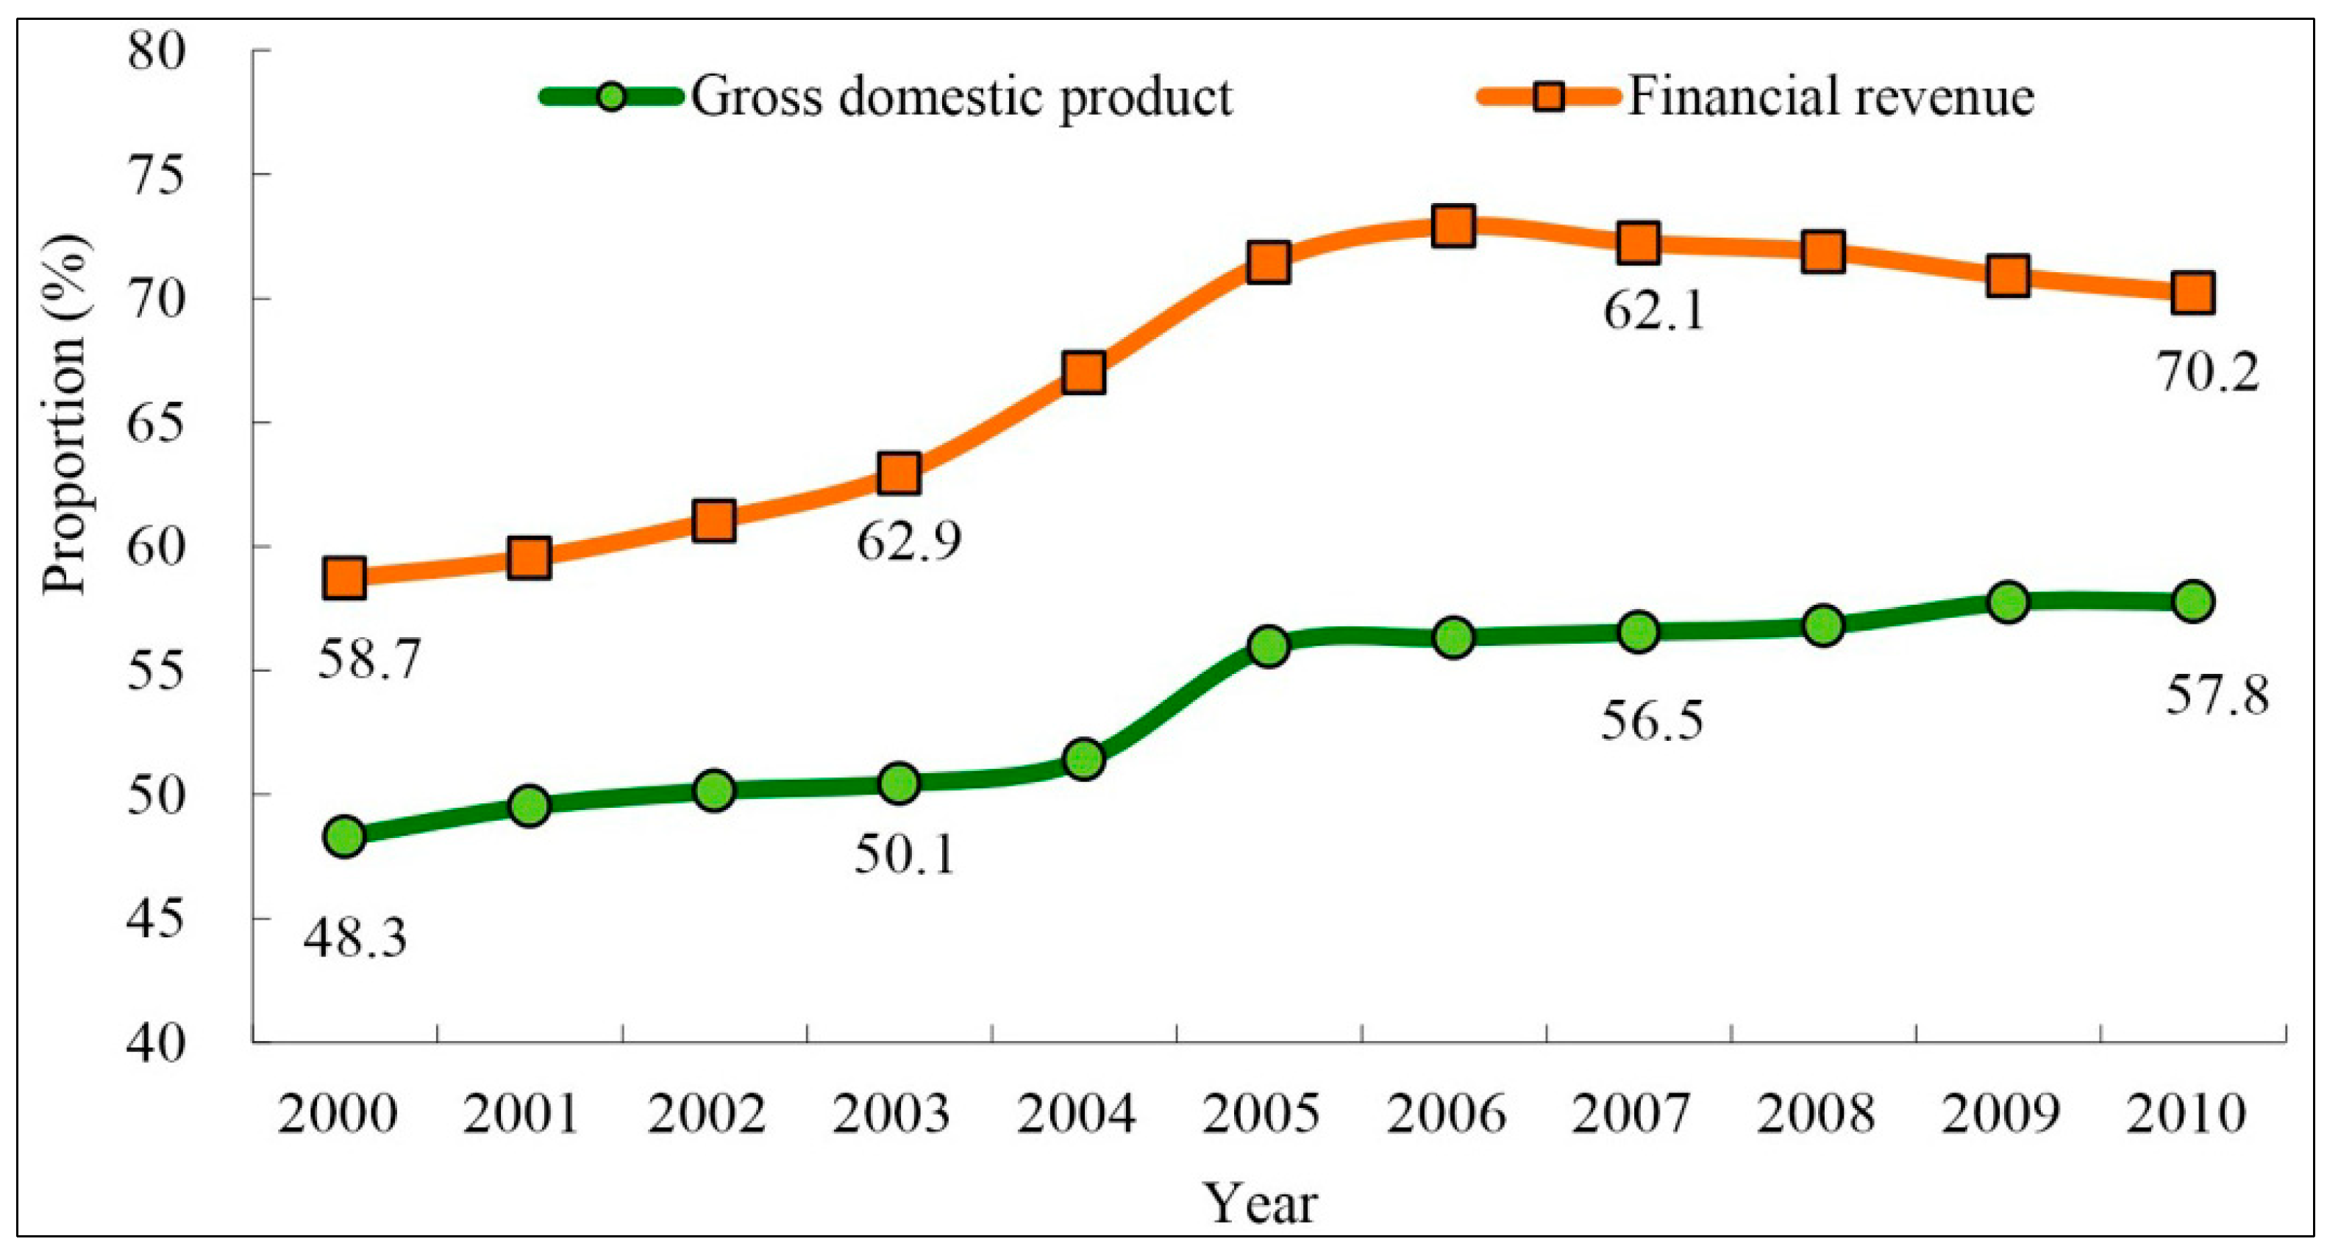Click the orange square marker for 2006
tap(1453, 225)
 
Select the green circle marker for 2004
tap(1084, 759)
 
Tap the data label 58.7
tap(369, 660)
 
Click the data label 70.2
tap(2209, 372)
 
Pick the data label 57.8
tap(2217, 696)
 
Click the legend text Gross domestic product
tap(961, 96)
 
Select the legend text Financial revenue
tap(1831, 96)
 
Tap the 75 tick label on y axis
tap(155, 174)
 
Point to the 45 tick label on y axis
tap(155, 919)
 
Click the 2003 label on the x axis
tap(891, 1113)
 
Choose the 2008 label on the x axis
tap(1816, 1113)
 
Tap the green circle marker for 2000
tap(345, 836)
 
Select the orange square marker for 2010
tap(2192, 294)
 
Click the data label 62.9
tap(909, 542)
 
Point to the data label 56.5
tap(1652, 721)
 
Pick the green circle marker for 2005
tap(1268, 646)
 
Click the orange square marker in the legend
tap(1550, 96)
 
